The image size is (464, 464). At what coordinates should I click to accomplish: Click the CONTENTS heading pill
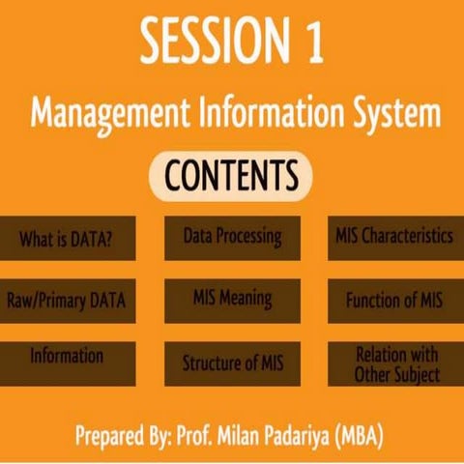[231, 176]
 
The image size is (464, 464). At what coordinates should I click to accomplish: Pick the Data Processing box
[232, 236]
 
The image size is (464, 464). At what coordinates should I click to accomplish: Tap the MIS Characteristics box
[393, 236]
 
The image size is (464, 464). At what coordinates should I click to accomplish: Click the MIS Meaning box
[232, 297]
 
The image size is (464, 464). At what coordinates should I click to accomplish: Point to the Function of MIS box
[393, 299]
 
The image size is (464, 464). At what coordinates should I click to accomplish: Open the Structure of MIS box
[232, 362]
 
